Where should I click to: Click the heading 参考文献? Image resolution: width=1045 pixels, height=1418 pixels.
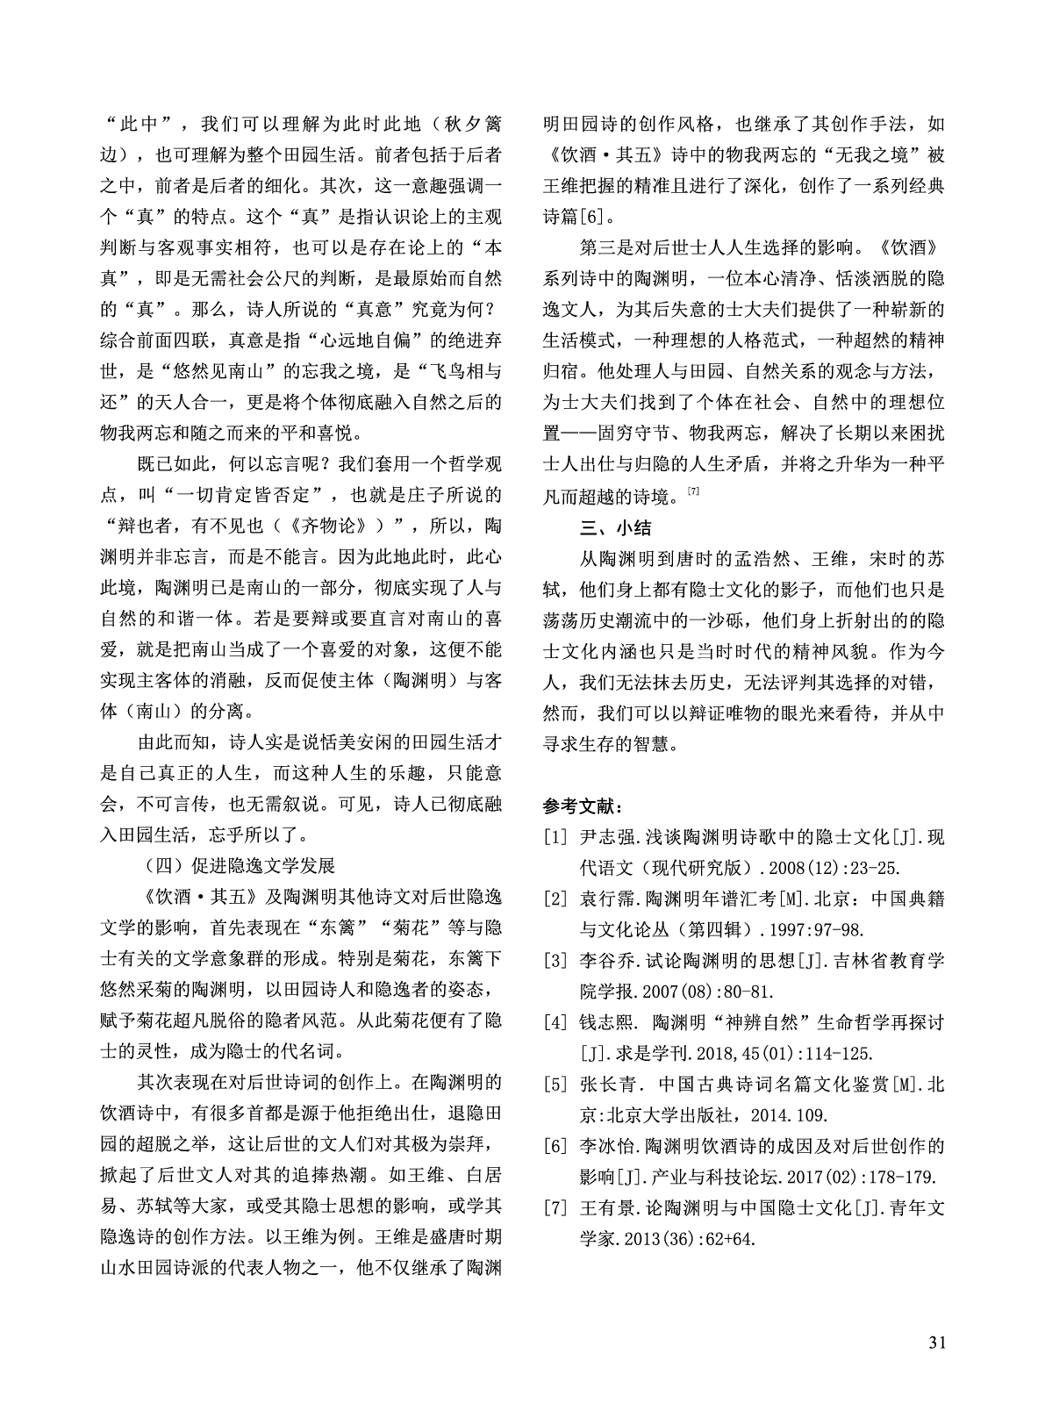[583, 806]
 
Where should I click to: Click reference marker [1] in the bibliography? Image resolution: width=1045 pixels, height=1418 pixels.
[555, 838]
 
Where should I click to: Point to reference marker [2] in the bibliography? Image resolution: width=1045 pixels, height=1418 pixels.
[555, 899]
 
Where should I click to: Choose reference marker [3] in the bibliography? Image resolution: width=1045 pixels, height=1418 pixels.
[555, 961]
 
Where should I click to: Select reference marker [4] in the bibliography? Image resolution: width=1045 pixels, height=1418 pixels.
[555, 1022]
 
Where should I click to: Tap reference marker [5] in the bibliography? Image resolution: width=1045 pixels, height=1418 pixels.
[555, 1085]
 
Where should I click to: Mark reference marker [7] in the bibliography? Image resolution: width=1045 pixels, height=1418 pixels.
[555, 1207]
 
